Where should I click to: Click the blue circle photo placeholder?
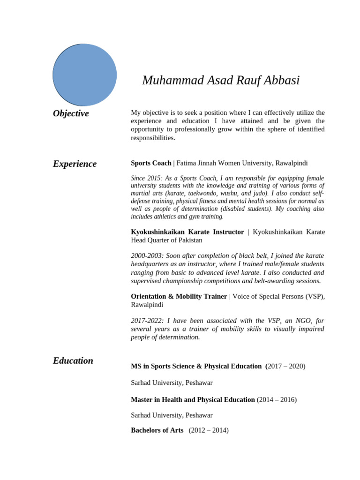[x=85, y=75]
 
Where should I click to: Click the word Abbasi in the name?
[x=281, y=81]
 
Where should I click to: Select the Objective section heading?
[x=71, y=113]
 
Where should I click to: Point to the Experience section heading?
[x=75, y=164]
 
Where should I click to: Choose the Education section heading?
[x=73, y=360]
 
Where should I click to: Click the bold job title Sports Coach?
[x=151, y=163]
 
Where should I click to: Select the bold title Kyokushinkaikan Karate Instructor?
[x=187, y=232]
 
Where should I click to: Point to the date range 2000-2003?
[x=146, y=256]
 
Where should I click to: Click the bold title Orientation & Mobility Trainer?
[x=179, y=296]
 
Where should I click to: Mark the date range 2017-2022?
[x=146, y=321]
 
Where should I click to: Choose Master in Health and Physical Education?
[x=193, y=400]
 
